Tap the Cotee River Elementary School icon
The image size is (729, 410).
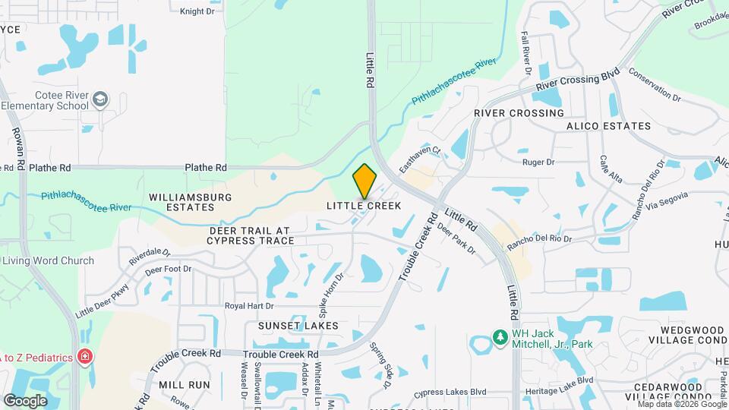click(x=99, y=99)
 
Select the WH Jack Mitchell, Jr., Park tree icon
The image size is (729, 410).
click(x=500, y=336)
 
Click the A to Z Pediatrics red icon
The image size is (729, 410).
click(x=86, y=356)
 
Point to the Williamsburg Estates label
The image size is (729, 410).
click(x=190, y=202)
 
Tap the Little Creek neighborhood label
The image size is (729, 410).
click(x=364, y=206)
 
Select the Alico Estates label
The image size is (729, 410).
click(x=608, y=126)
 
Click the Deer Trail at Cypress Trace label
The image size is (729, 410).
click(x=250, y=235)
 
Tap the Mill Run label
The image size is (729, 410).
click(x=185, y=385)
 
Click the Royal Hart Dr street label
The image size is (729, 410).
click(x=248, y=306)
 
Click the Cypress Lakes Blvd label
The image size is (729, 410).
click(x=450, y=393)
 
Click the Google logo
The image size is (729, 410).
click(x=25, y=400)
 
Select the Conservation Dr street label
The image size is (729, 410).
click(x=655, y=87)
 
